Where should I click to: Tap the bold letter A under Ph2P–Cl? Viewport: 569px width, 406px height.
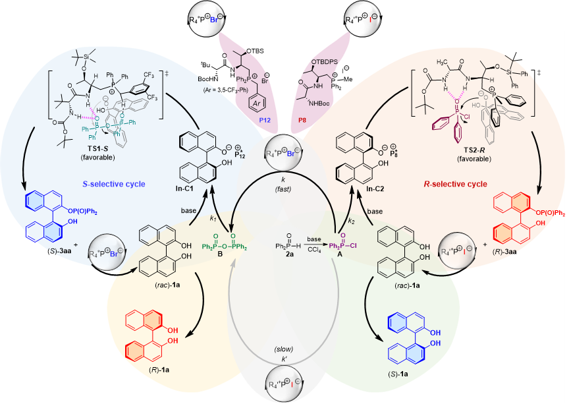(342, 258)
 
